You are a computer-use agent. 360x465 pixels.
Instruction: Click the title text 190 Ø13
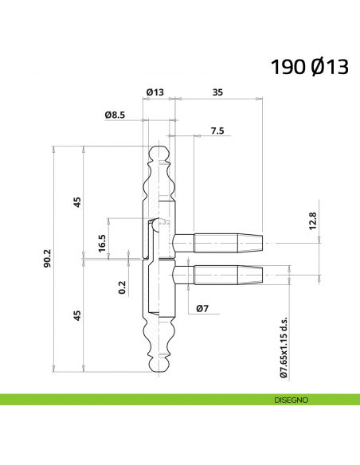click(x=309, y=67)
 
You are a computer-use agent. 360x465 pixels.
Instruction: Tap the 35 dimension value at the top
click(x=217, y=93)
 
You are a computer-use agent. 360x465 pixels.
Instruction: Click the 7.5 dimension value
click(x=217, y=130)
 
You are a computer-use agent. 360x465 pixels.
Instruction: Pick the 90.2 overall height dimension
click(x=48, y=259)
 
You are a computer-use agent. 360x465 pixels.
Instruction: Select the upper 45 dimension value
click(x=77, y=201)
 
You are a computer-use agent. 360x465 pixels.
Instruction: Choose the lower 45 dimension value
click(x=77, y=315)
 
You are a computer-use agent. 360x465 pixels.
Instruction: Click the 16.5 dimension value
click(x=102, y=242)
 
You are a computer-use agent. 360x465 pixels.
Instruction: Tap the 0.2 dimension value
click(x=122, y=287)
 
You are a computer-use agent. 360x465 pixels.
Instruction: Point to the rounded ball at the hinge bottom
click(x=159, y=365)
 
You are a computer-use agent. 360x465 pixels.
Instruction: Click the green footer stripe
click(x=119, y=400)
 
